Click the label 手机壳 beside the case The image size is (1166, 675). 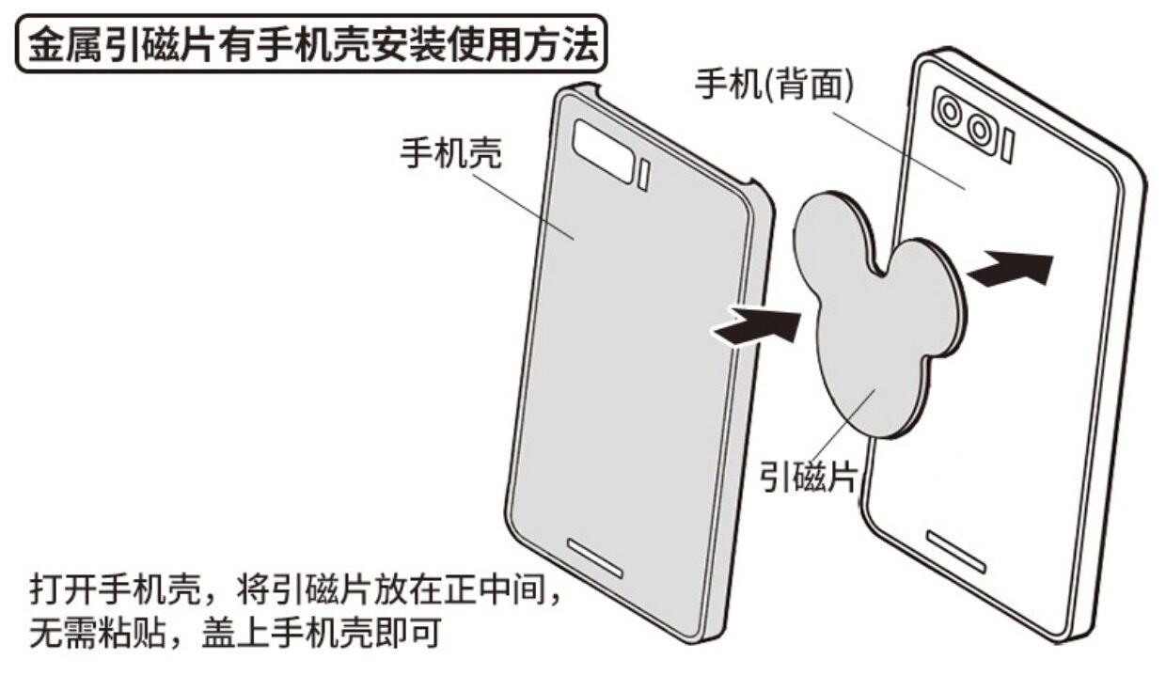click(x=451, y=153)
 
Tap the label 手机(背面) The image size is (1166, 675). click(x=774, y=86)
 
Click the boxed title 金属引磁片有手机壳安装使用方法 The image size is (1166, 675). click(x=311, y=44)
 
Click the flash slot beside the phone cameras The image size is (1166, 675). click(x=1008, y=145)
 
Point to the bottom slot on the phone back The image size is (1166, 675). click(x=956, y=550)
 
